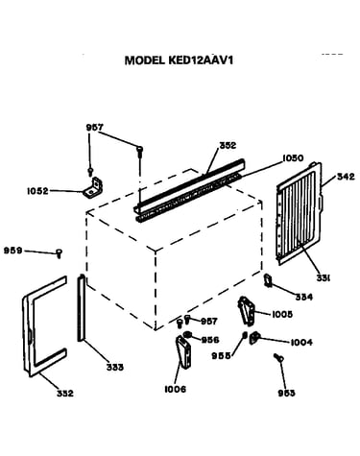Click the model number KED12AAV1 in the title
click(x=201, y=60)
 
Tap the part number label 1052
click(x=37, y=191)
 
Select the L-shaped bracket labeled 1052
click(x=93, y=188)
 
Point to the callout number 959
click(x=12, y=251)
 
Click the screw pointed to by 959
click(x=59, y=253)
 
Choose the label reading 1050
click(x=293, y=158)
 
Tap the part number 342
click(x=346, y=177)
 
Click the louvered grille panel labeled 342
click(x=300, y=213)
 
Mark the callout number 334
click(x=303, y=298)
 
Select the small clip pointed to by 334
click(x=268, y=280)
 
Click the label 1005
click(x=282, y=315)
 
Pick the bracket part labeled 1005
click(x=246, y=310)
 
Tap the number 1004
click(x=301, y=343)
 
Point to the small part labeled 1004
click(x=254, y=338)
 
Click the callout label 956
click(x=210, y=340)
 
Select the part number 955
click(x=221, y=355)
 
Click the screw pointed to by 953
click(x=278, y=357)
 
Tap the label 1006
click(x=175, y=389)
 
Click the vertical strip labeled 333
click(x=81, y=308)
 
